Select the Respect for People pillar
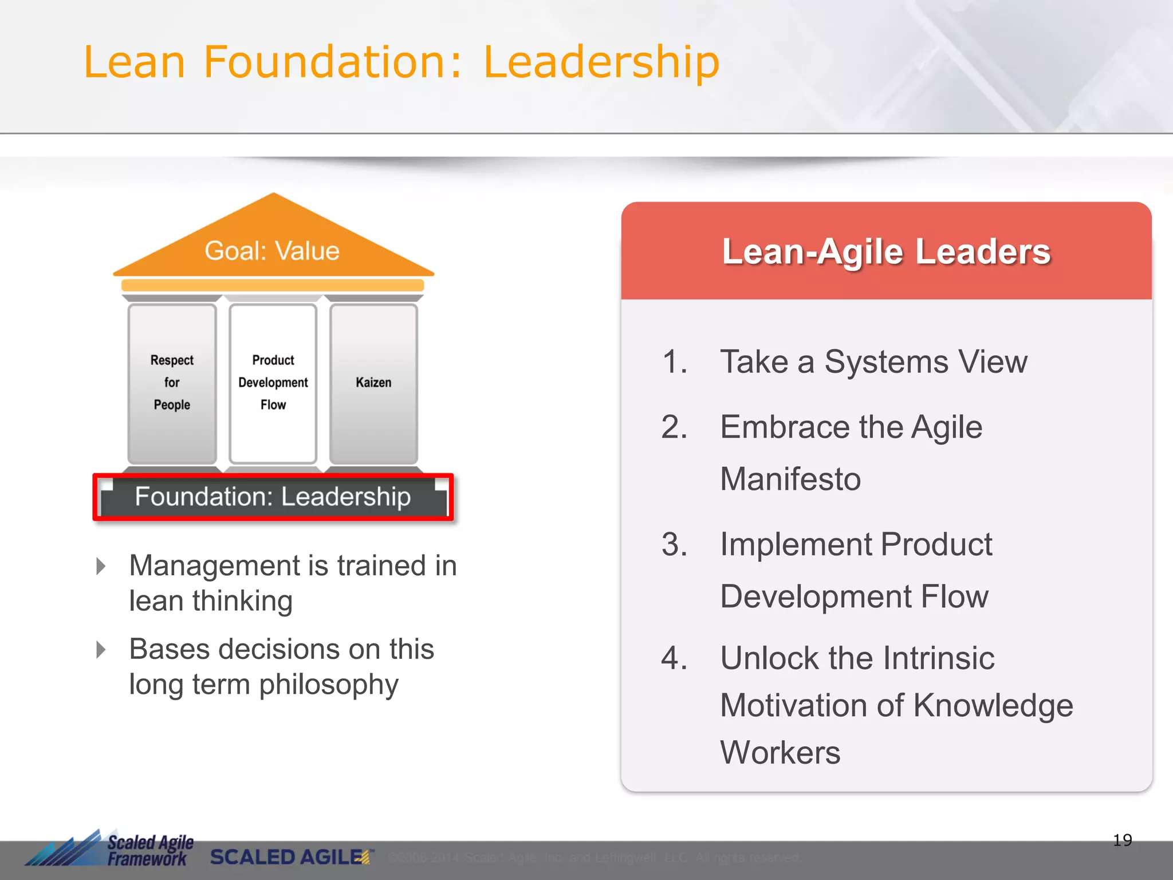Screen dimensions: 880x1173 point(172,383)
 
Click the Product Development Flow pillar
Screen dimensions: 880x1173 point(273,383)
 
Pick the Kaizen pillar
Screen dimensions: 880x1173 point(373,383)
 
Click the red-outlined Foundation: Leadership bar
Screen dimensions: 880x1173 point(273,497)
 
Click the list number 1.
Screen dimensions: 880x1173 point(674,362)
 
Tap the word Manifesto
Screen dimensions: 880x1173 point(790,479)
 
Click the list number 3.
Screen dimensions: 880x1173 point(674,544)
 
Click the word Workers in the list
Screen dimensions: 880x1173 point(780,752)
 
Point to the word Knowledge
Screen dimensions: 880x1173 point(993,705)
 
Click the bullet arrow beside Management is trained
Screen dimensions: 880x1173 point(101,566)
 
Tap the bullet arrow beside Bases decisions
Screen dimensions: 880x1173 point(101,650)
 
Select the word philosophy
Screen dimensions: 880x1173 point(329,685)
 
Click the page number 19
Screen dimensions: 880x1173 point(1122,840)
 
